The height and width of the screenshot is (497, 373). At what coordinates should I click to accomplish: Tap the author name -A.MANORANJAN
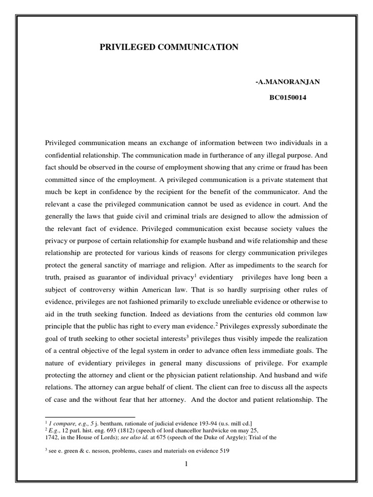[x=288, y=82]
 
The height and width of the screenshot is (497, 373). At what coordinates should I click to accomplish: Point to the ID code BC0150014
[x=288, y=98]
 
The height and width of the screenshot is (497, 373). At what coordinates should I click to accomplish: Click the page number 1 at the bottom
[x=186, y=464]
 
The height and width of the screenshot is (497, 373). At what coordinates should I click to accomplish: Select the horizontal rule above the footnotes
[x=90, y=416]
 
